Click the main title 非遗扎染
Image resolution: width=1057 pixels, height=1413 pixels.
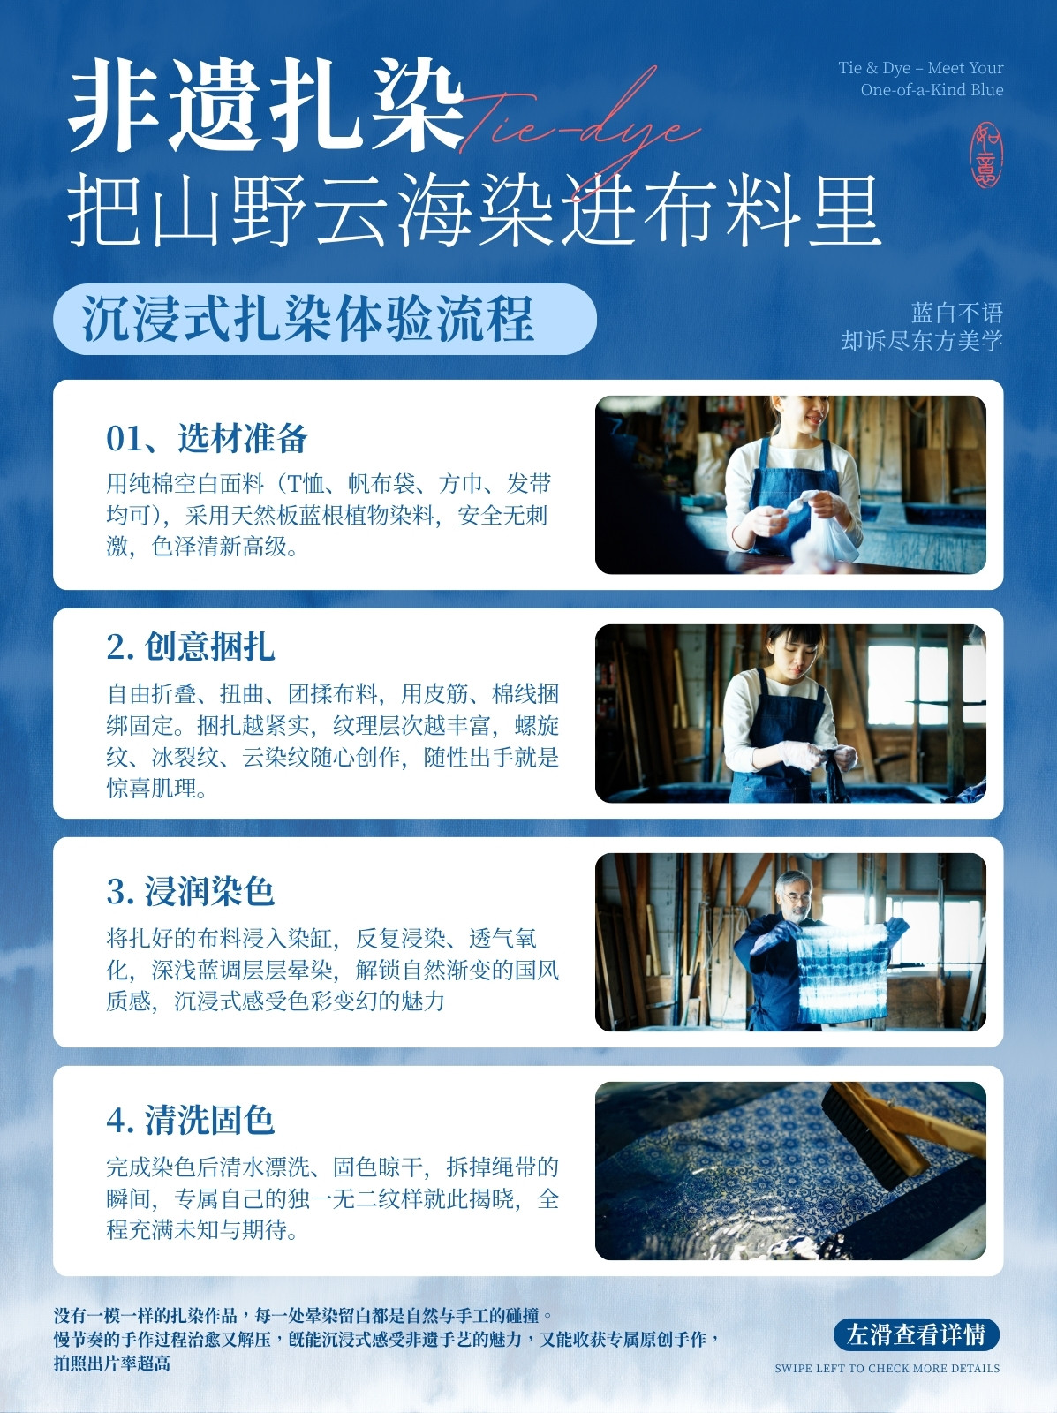point(266,105)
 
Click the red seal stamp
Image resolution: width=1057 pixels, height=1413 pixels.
point(986,155)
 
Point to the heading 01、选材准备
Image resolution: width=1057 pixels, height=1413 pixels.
point(207,438)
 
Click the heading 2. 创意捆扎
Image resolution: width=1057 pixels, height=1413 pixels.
point(191,646)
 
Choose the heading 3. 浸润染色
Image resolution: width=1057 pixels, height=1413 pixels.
point(191,891)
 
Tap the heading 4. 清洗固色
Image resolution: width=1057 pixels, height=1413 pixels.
point(191,1120)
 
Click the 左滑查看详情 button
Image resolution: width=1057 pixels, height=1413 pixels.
point(916,1334)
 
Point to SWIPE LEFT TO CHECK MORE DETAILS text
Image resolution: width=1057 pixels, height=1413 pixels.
point(887,1368)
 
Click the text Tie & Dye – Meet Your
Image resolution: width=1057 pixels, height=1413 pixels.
point(920,68)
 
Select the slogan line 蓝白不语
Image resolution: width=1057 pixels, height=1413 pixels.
point(957,313)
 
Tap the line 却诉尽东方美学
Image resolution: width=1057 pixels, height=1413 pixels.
point(922,341)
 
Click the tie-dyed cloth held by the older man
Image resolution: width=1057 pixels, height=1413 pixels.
point(844,972)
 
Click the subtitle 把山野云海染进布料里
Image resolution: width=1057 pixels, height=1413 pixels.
point(474,208)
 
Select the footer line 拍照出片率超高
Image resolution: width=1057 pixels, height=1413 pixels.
point(112,1364)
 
